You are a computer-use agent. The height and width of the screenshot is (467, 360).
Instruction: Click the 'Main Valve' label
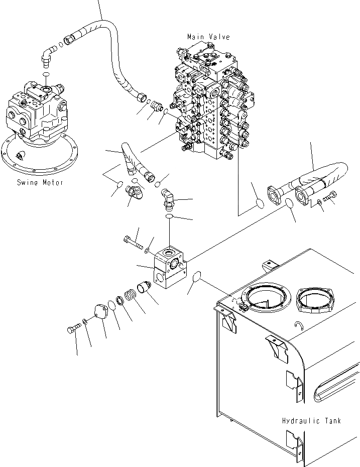click(x=208, y=37)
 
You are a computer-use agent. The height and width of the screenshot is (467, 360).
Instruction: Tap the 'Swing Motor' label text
click(x=39, y=183)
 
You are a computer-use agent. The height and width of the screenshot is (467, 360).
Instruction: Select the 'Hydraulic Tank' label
click(x=311, y=421)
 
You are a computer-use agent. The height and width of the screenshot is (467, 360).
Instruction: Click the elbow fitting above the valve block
click(x=170, y=200)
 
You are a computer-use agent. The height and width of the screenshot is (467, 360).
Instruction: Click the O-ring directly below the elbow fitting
click(x=169, y=216)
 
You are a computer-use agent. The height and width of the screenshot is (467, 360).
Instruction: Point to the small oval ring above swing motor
click(x=46, y=74)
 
